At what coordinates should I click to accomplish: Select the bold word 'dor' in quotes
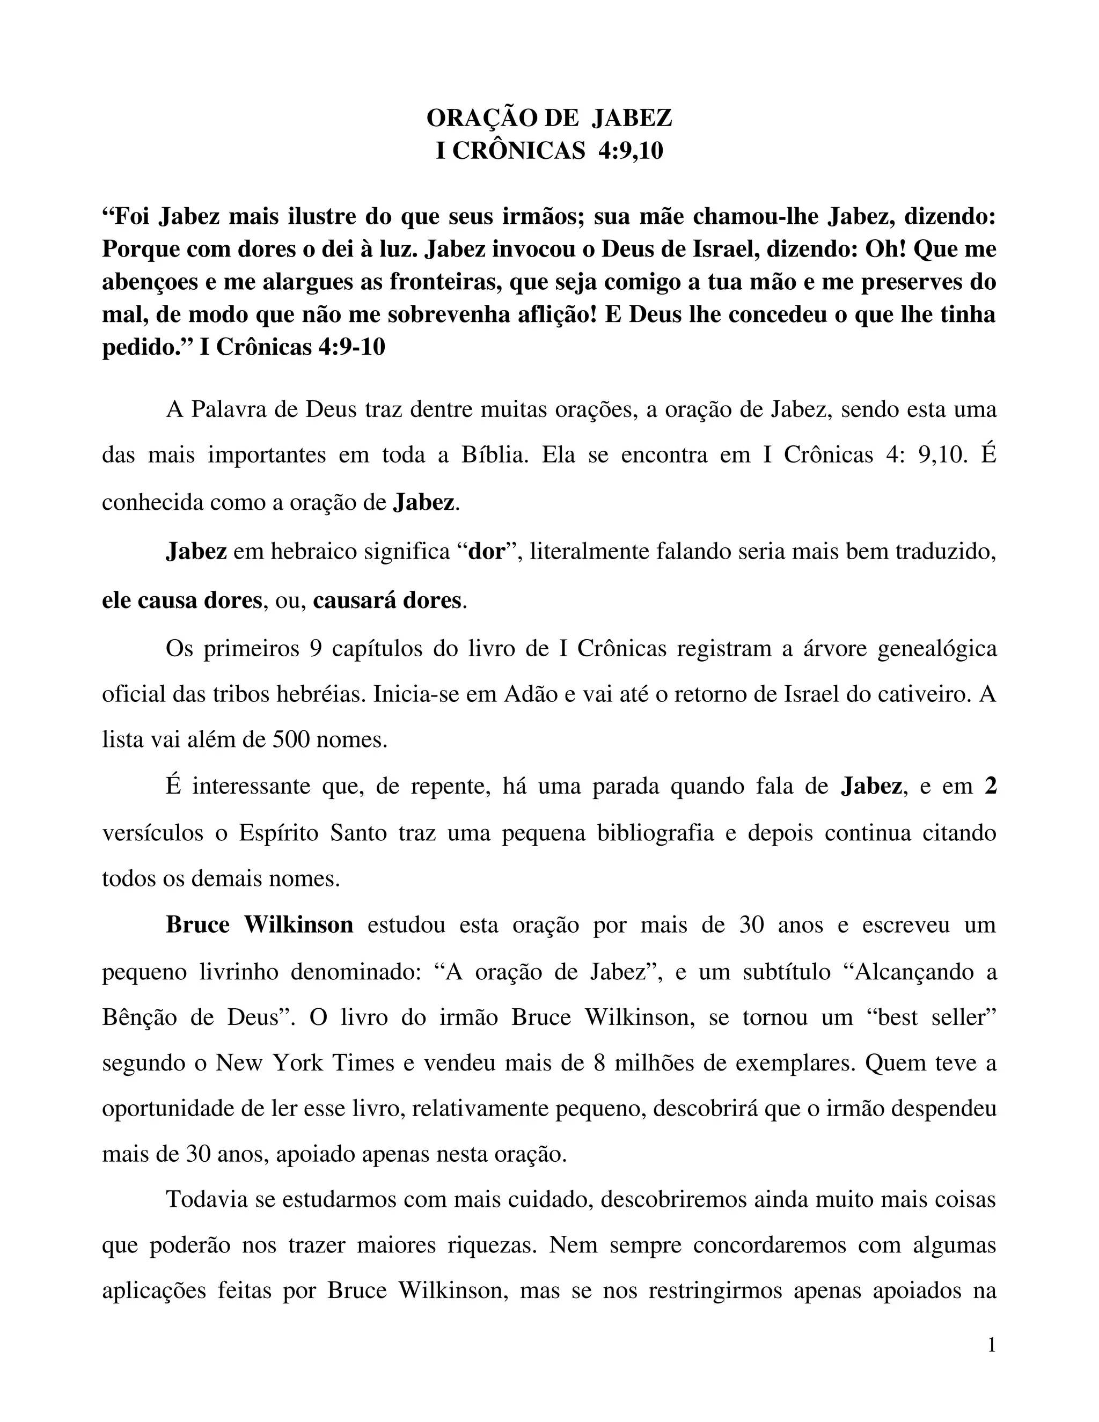(x=487, y=552)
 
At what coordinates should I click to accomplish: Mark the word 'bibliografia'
(x=656, y=833)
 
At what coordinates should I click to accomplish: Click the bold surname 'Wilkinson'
(x=299, y=925)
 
